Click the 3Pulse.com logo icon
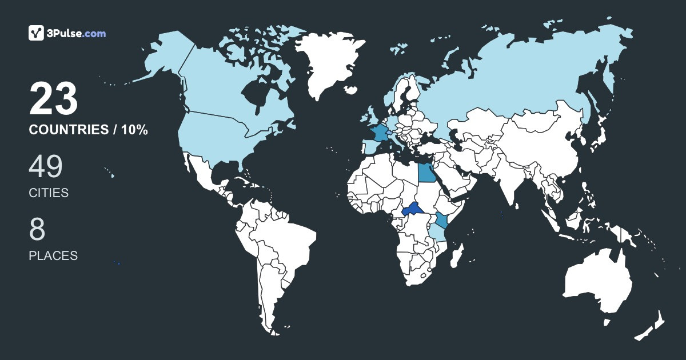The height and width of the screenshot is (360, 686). [x=36, y=33]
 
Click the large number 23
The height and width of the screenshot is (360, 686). [x=53, y=99]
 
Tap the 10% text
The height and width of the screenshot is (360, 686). [x=134, y=130]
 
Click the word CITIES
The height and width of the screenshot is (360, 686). [x=49, y=193]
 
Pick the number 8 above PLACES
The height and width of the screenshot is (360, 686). [x=37, y=230]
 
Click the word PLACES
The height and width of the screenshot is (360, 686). [x=53, y=256]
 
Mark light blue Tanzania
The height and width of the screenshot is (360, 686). [x=437, y=234]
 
